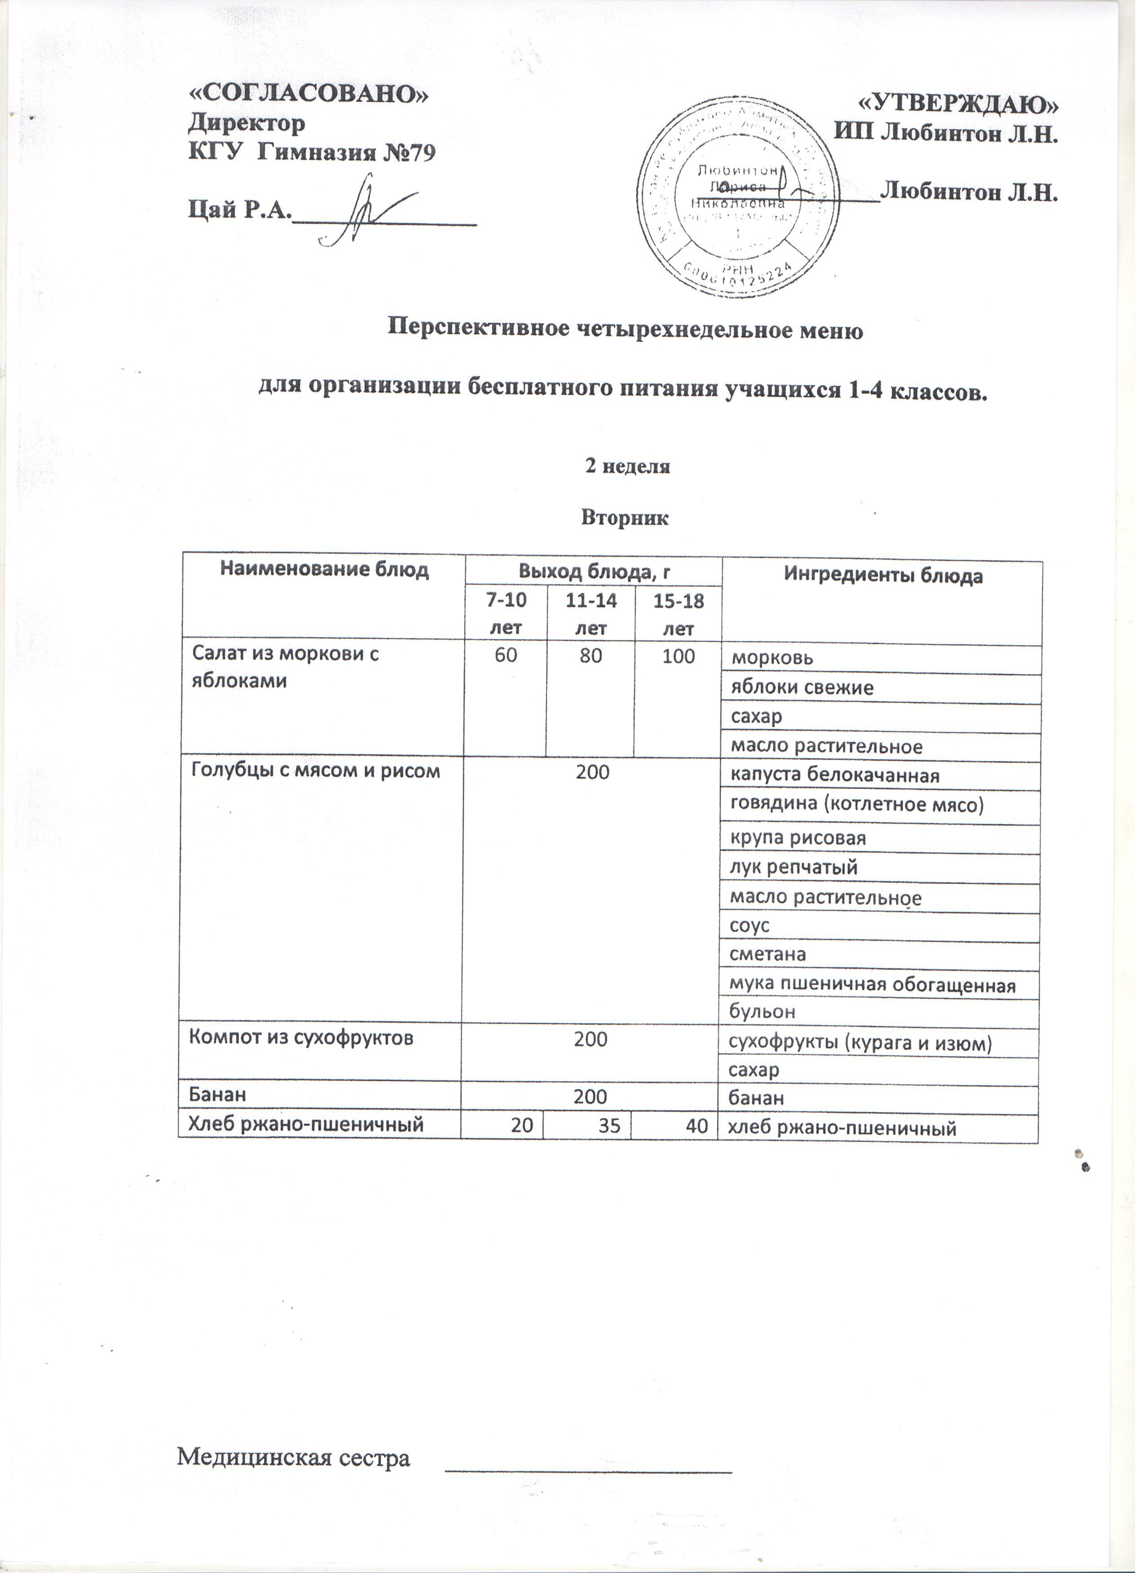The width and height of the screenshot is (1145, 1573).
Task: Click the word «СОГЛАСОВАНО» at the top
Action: coord(309,95)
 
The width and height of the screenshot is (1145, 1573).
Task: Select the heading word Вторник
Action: coord(625,519)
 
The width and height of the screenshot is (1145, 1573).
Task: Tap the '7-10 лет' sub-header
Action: coord(506,615)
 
